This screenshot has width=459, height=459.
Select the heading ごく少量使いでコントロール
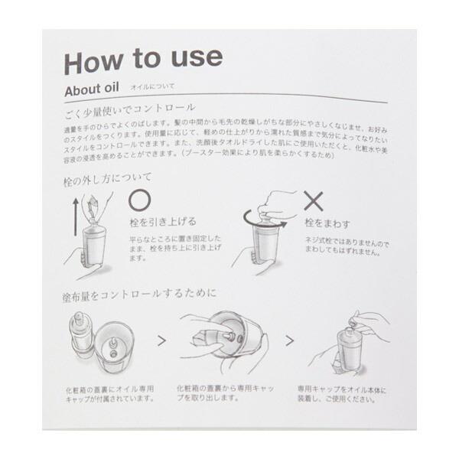(x=129, y=109)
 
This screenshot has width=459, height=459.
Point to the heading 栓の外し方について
(x=107, y=177)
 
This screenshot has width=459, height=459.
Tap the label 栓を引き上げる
(x=161, y=223)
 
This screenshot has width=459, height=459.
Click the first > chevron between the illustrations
(x=161, y=340)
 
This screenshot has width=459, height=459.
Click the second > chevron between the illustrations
(x=290, y=340)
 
